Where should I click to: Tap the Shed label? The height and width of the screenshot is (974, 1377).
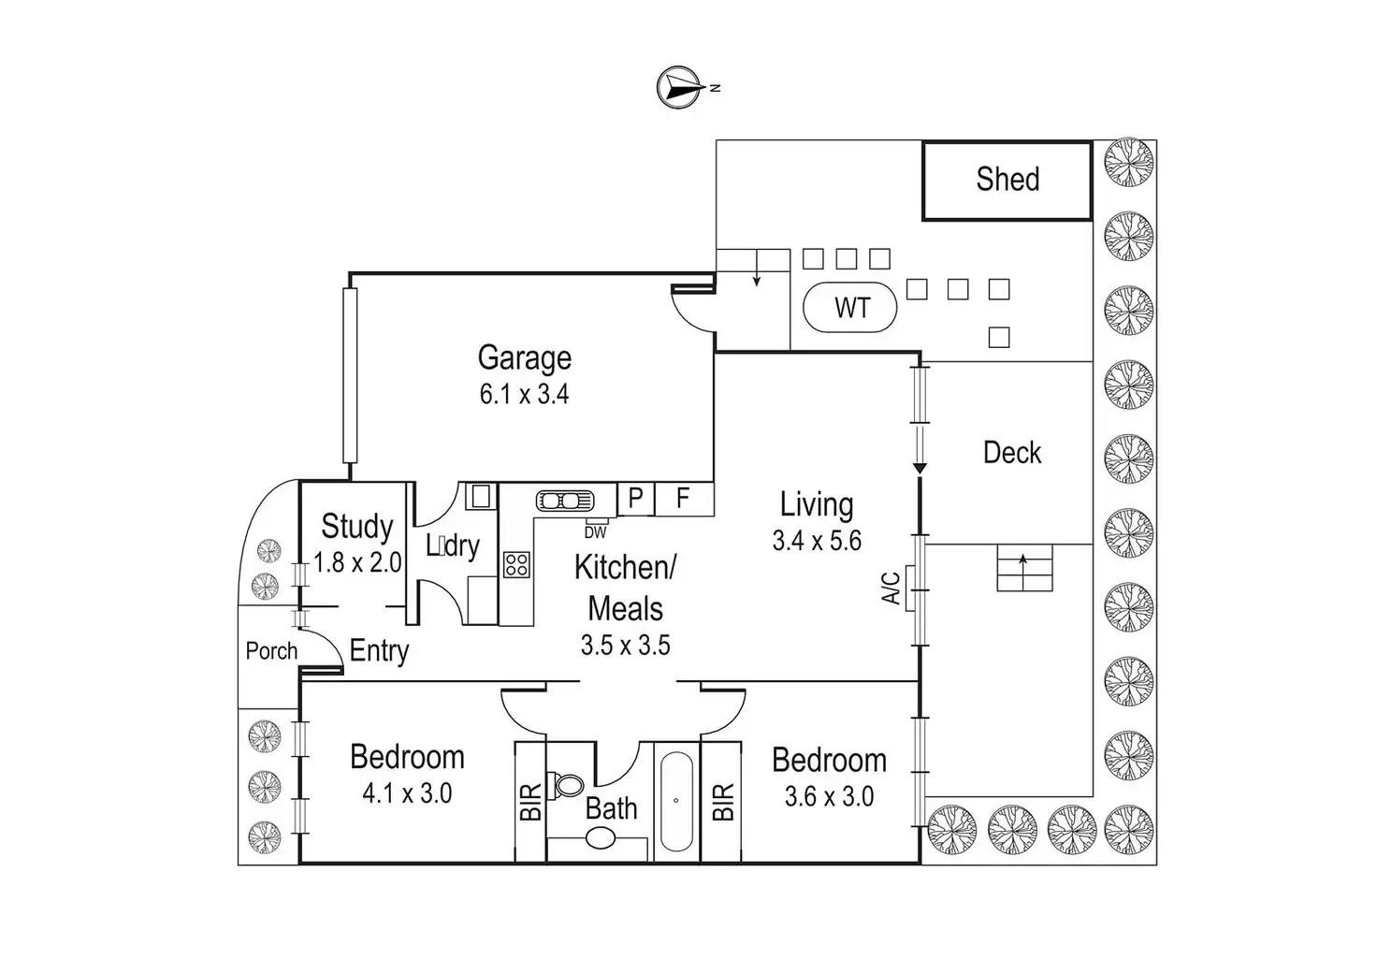point(1007,179)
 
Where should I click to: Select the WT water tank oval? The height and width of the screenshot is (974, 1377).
point(849,308)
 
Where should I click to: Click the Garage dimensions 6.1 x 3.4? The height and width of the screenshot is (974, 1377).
point(525,394)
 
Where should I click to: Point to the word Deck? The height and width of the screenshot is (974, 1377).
point(1012,453)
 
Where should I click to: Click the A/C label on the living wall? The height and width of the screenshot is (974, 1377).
point(891,588)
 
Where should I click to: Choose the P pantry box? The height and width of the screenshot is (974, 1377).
point(635,499)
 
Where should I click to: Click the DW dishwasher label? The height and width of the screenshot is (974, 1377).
point(595,532)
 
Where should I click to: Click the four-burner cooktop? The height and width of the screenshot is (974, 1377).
point(516,565)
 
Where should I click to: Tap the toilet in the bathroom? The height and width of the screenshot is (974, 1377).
point(566,786)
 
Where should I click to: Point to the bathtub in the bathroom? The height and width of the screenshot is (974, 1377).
point(676,801)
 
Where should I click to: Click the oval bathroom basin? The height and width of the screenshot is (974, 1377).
point(601,838)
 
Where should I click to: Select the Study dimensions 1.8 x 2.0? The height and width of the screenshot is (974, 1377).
point(357,562)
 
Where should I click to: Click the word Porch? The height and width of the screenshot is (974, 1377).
point(271,650)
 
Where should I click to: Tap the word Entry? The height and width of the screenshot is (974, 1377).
point(379,651)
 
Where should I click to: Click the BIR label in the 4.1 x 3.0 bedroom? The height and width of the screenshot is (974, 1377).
point(530,802)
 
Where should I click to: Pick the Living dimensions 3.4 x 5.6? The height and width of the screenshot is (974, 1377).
point(817,541)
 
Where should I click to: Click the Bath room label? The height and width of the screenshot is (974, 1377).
point(611,808)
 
